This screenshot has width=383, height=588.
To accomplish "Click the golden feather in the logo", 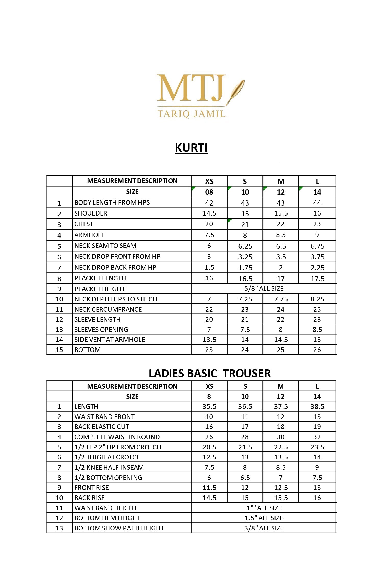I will pyautogui.click(x=235, y=92).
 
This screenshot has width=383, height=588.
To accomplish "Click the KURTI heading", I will pyautogui.click(x=191, y=148).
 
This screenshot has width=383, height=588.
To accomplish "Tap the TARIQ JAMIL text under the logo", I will pyautogui.click(x=192, y=114).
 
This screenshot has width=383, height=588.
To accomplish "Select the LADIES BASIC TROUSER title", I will pyautogui.click(x=210, y=373).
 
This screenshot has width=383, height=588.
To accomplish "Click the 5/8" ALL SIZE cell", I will pyautogui.click(x=264, y=288).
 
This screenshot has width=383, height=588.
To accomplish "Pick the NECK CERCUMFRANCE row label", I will pyautogui.click(x=108, y=309).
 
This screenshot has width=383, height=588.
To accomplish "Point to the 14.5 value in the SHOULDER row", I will pyautogui.click(x=209, y=213).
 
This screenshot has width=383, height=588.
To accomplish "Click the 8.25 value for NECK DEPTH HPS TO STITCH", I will pyautogui.click(x=317, y=299).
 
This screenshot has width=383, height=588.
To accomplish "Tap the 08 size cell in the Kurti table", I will pyautogui.click(x=209, y=192).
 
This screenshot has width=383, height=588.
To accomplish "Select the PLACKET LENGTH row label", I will pyautogui.click(x=100, y=278).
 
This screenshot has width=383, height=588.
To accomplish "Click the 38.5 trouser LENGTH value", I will pyautogui.click(x=317, y=406).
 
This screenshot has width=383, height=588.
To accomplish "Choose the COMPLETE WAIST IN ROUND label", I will pyautogui.click(x=117, y=437).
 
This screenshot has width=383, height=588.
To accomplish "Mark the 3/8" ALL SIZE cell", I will pyautogui.click(x=264, y=528).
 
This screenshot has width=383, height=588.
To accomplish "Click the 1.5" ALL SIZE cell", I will pyautogui.click(x=264, y=518).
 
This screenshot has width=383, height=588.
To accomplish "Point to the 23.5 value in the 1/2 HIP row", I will pyautogui.click(x=317, y=447).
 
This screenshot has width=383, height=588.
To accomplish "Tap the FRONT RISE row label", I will pyautogui.click(x=91, y=488).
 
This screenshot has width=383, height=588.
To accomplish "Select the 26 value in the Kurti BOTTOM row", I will pyautogui.click(x=317, y=350).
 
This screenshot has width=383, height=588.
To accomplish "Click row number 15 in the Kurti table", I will pyautogui.click(x=59, y=350).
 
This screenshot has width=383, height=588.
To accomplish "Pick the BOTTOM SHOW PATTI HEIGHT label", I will pyautogui.click(x=119, y=528).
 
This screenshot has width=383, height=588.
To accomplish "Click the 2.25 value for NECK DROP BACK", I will pyautogui.click(x=317, y=268).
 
